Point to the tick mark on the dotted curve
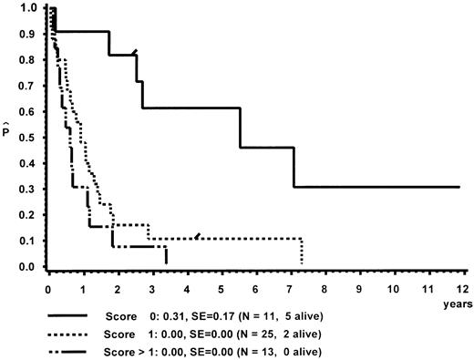(198, 236)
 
